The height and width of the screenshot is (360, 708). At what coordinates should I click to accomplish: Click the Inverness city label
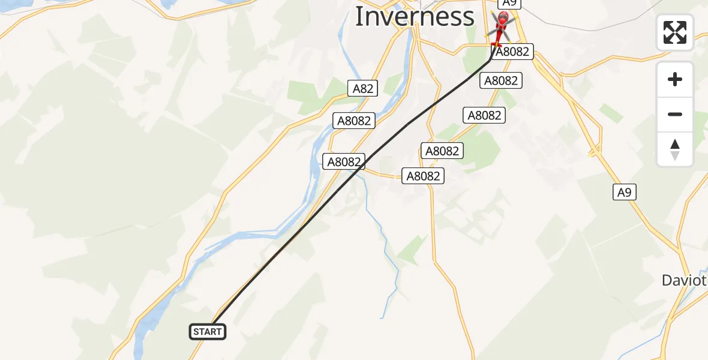pyautogui.click(x=415, y=17)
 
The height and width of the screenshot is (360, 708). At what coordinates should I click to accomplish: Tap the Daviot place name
pyautogui.click(x=683, y=280)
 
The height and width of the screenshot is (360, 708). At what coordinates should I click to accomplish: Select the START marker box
pyautogui.click(x=208, y=332)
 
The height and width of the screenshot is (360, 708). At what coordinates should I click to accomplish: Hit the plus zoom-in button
pyautogui.click(x=675, y=80)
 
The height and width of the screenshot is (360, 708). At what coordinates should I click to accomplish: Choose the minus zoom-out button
pyautogui.click(x=675, y=115)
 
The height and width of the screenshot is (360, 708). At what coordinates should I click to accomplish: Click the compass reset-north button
pyautogui.click(x=675, y=149)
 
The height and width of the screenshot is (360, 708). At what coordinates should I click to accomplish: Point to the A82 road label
pyautogui.click(x=362, y=89)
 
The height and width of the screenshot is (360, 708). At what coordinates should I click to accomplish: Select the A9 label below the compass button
pyautogui.click(x=625, y=192)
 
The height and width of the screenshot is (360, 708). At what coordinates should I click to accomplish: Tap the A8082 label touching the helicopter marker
pyautogui.click(x=512, y=52)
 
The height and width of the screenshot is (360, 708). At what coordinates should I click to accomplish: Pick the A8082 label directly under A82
pyautogui.click(x=354, y=121)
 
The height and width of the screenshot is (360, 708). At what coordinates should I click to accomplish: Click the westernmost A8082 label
pyautogui.click(x=344, y=161)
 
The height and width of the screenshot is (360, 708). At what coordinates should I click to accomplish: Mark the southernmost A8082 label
pyautogui.click(x=424, y=176)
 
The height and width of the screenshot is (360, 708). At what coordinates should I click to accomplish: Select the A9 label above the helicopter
pyautogui.click(x=509, y=3)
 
